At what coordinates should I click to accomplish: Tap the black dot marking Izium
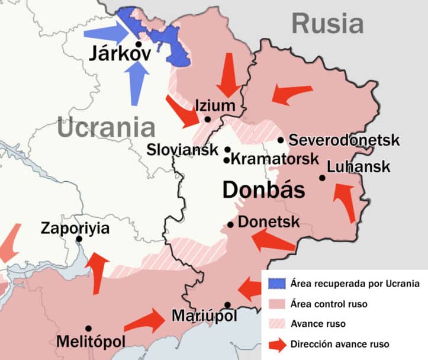208,119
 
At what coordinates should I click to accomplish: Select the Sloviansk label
183,149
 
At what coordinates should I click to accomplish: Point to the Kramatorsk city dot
226,160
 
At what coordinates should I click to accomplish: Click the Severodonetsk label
345,141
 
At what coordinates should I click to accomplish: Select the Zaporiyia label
75,228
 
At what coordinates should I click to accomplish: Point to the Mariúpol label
204,316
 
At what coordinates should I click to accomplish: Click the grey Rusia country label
327,24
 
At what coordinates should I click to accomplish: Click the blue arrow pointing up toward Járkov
137,82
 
